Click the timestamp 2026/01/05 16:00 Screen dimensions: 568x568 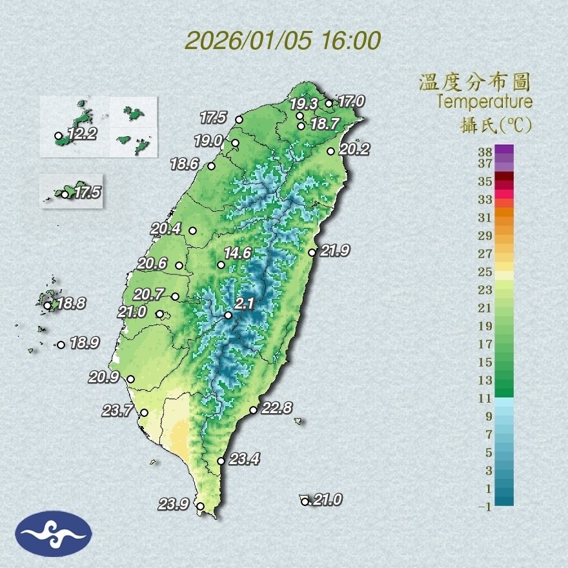tap(283, 41)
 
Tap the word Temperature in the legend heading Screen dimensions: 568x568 tap(484, 101)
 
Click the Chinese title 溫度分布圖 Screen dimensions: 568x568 tap(474, 82)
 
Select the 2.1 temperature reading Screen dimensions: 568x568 tap(243, 303)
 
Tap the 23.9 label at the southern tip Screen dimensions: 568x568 tap(174, 505)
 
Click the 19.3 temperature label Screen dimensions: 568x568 tap(305, 103)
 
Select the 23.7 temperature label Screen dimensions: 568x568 tap(117, 410)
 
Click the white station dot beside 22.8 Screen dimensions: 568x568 tap(254, 410)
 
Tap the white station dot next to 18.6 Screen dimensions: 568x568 tap(211, 166)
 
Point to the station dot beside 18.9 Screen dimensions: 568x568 tap(61, 345)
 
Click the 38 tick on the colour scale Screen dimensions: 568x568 tap(485, 151)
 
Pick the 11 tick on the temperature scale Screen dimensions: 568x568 tap(485, 398)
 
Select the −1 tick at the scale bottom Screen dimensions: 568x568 tap(485, 507)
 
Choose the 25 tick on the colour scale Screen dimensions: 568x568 tap(485, 272)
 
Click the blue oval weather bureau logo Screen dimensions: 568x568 tap(54, 533)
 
